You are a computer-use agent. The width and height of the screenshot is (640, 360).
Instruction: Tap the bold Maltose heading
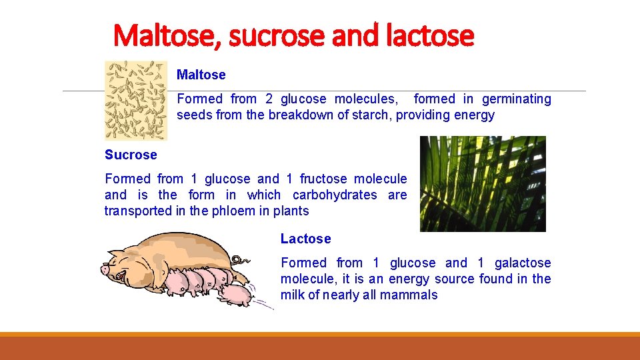201,75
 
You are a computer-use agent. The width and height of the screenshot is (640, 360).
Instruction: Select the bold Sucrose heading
131,155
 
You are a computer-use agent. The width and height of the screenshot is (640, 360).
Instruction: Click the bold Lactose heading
305,239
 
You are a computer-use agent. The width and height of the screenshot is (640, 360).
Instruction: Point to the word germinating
517,99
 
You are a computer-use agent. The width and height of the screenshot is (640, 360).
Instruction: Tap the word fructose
323,179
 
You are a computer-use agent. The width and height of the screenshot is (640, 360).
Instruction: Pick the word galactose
523,263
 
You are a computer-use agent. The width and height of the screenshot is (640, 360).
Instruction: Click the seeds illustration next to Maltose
136,100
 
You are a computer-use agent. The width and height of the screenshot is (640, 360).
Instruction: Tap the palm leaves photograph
483,184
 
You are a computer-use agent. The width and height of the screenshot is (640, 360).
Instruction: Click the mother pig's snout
105,270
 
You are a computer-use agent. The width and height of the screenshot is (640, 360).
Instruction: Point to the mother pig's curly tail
238,259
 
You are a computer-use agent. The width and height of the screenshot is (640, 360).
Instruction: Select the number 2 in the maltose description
269,99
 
